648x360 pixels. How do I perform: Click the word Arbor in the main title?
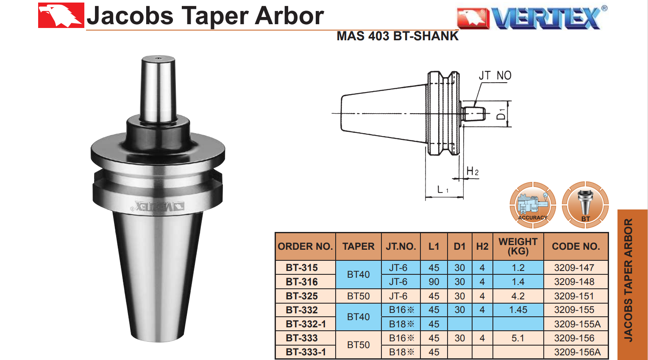[289, 16]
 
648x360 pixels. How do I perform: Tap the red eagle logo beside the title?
[61, 15]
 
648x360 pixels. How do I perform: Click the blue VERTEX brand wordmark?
[546, 18]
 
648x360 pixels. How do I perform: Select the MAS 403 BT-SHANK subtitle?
[398, 36]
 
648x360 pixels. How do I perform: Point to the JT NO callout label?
[495, 75]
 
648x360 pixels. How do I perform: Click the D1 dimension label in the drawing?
[501, 114]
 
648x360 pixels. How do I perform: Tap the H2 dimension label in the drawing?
[473, 171]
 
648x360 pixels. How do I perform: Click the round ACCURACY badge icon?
[533, 205]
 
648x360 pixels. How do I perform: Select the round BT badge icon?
[585, 205]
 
